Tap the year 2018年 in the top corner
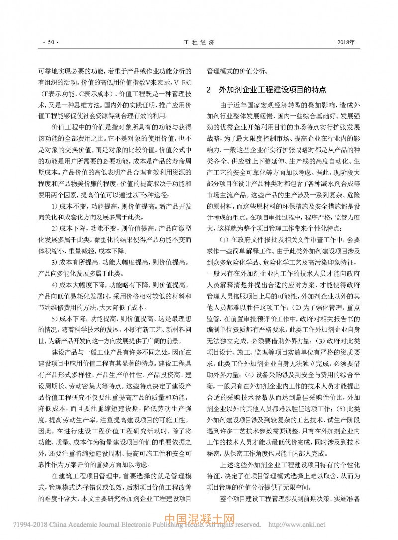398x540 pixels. point(346,43)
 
